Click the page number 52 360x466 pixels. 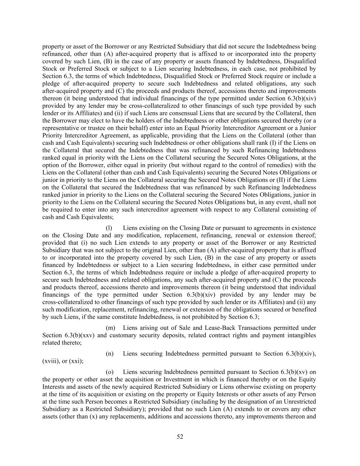click(180, 437)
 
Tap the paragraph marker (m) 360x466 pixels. click(110, 328)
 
